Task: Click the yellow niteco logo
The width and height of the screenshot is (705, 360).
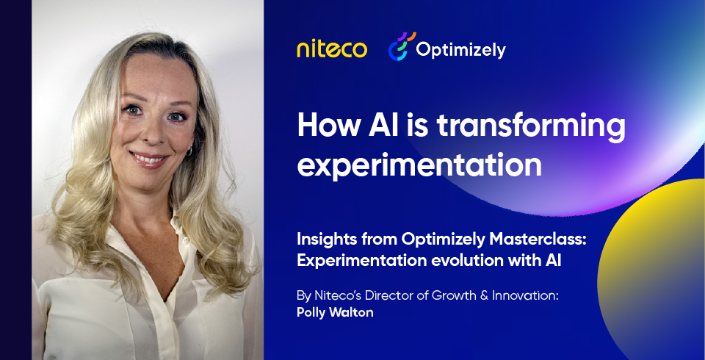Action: coord(331,49)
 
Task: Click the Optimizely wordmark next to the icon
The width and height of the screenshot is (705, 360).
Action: coord(460,50)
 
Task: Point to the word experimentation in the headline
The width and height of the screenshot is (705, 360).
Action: coord(419,165)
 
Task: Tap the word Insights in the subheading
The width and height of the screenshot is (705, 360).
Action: coord(321,241)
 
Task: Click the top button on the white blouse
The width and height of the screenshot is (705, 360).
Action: coord(175,220)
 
